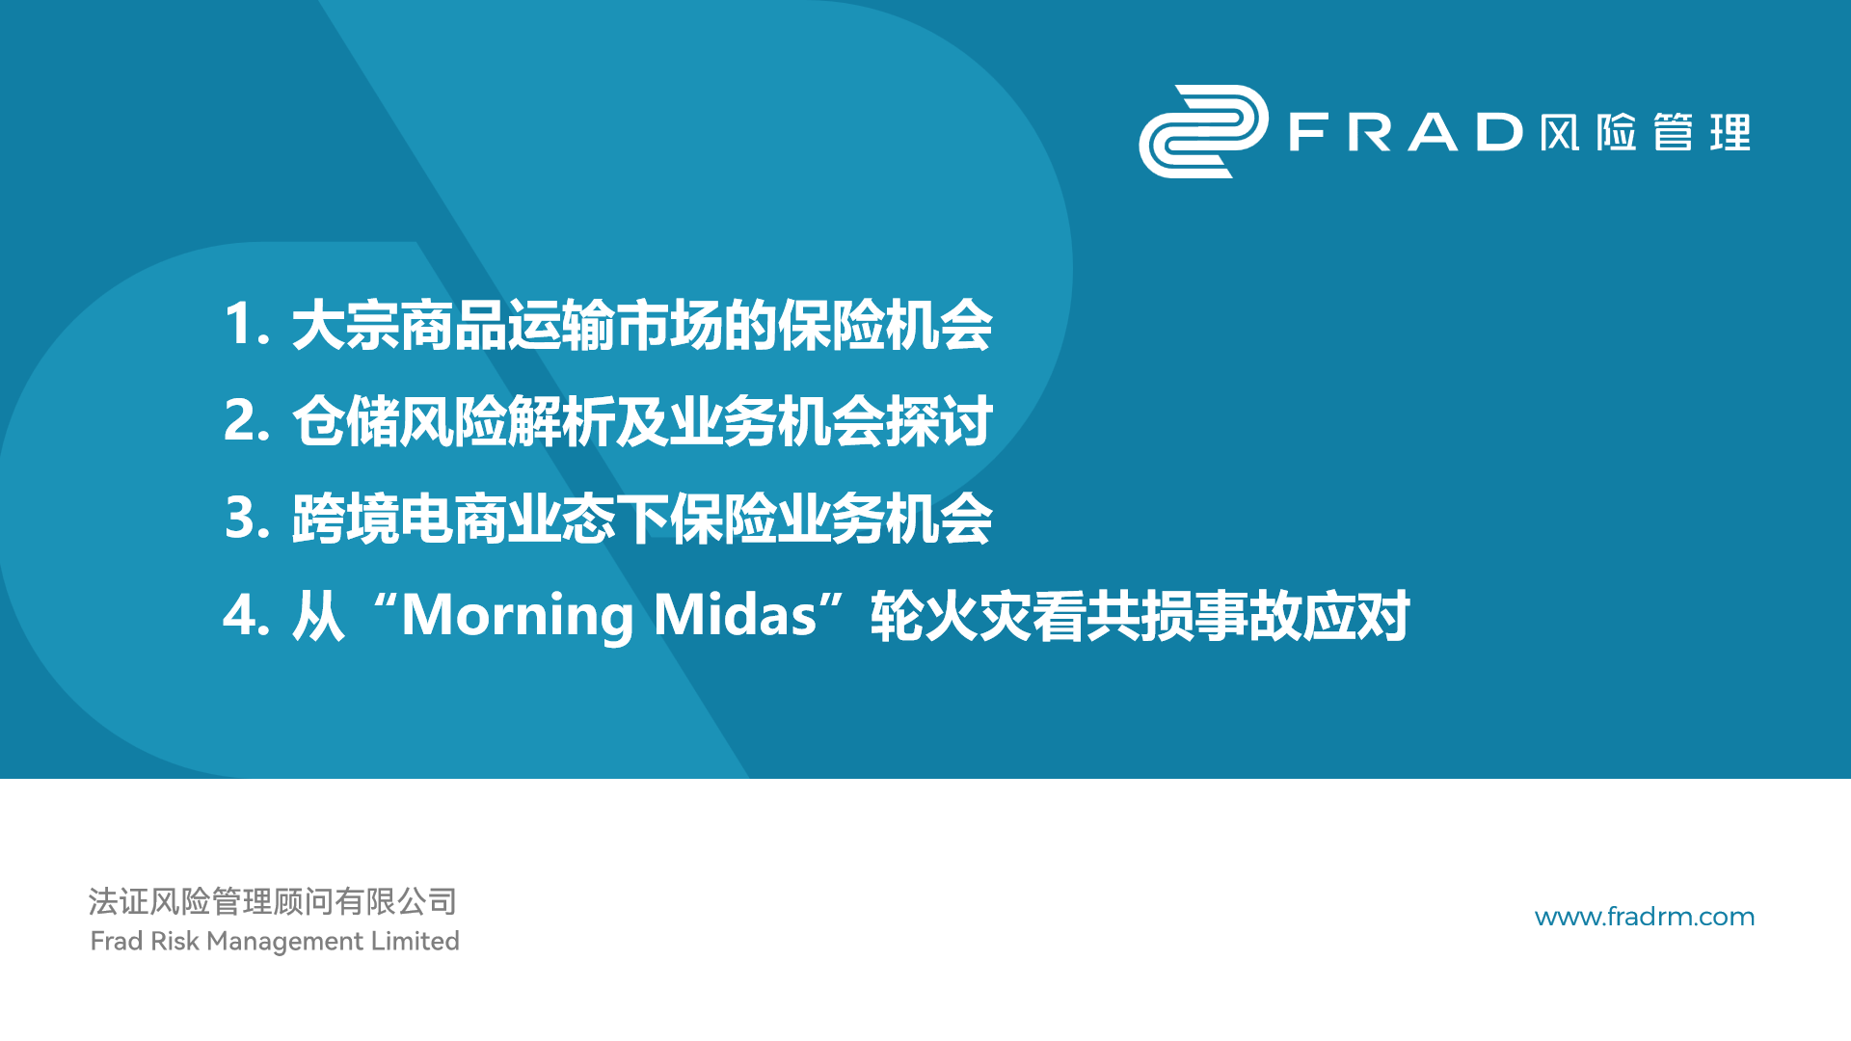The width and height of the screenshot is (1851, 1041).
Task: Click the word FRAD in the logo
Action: pyautogui.click(x=1407, y=132)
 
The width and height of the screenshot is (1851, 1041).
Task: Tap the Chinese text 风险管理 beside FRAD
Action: pyautogui.click(x=1645, y=132)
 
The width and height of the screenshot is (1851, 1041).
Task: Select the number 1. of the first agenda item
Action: pyautogui.click(x=247, y=324)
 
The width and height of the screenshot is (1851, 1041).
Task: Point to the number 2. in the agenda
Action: pyautogui.click(x=247, y=421)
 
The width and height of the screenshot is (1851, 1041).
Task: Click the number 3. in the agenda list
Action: pyautogui.click(x=247, y=518)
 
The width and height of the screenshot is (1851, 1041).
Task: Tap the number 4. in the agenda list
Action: pyautogui.click(x=247, y=615)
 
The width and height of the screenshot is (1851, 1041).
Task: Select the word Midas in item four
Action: pyautogui.click(x=736, y=614)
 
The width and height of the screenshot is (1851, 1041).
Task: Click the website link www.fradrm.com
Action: pyautogui.click(x=1645, y=917)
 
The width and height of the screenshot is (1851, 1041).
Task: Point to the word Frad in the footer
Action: pyautogui.click(x=117, y=941)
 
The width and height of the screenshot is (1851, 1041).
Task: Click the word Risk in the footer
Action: pyautogui.click(x=175, y=941)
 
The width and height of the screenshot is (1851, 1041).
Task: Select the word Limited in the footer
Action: pyautogui.click(x=416, y=941)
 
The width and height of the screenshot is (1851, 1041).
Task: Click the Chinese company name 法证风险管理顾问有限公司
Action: pyautogui.click(x=273, y=901)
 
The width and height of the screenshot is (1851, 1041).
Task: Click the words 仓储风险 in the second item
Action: pyautogui.click(x=399, y=421)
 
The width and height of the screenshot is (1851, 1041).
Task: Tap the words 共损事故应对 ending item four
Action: pyautogui.click(x=1248, y=616)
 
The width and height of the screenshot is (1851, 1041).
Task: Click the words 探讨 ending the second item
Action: pyautogui.click(x=939, y=421)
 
